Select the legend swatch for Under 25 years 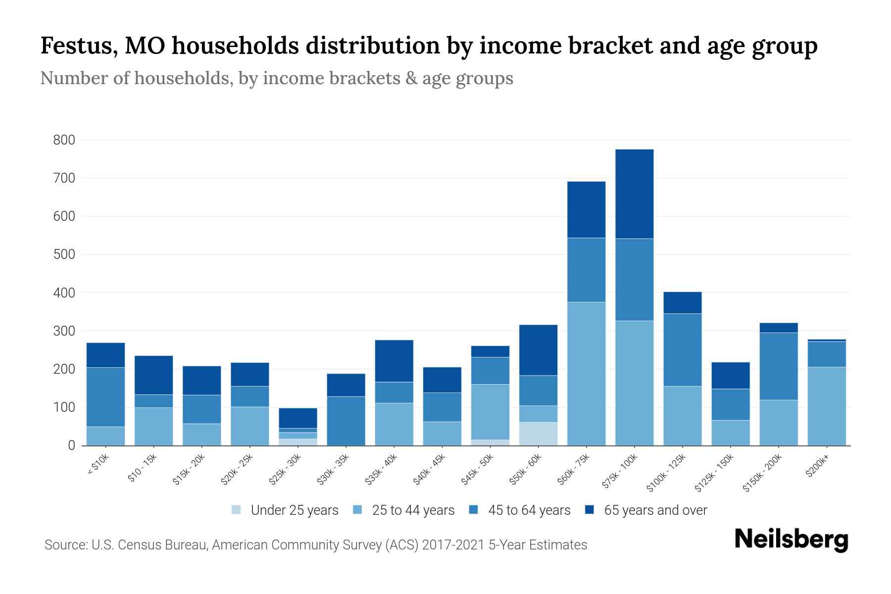(236, 510)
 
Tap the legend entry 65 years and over (655, 510)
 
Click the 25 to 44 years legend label (413, 510)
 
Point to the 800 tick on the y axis (64, 140)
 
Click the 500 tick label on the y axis (64, 254)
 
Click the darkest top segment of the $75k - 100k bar (634, 194)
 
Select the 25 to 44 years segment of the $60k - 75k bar (586, 373)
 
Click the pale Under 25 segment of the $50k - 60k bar (538, 434)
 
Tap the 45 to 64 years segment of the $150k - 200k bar (778, 366)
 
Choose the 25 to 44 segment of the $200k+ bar (826, 406)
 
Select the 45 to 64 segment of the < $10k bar (105, 397)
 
